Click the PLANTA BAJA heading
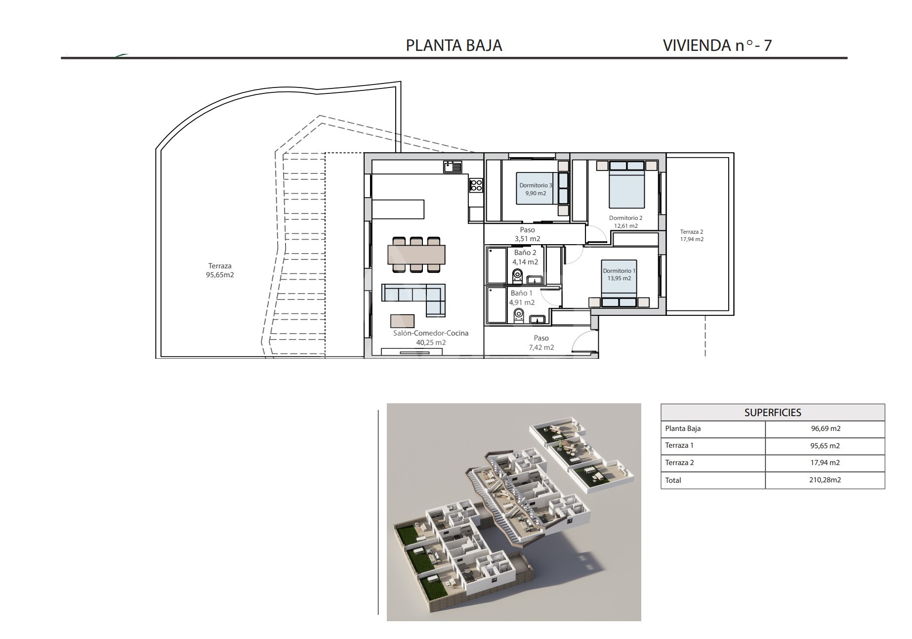pyautogui.click(x=454, y=45)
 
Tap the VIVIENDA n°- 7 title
pyautogui.click(x=717, y=45)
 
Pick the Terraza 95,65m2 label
pyautogui.click(x=220, y=270)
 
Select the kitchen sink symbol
pyautogui.click(x=453, y=167)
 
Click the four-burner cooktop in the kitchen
pyautogui.click(x=476, y=185)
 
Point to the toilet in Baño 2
pyautogui.click(x=518, y=276)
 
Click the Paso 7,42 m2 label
pyautogui.click(x=541, y=342)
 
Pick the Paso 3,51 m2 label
pyautogui.click(x=527, y=234)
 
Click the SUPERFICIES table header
pyautogui.click(x=773, y=413)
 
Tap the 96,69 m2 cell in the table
pyautogui.click(x=825, y=429)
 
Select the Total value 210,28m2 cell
pyautogui.click(x=825, y=480)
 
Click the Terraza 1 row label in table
pyautogui.click(x=679, y=446)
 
